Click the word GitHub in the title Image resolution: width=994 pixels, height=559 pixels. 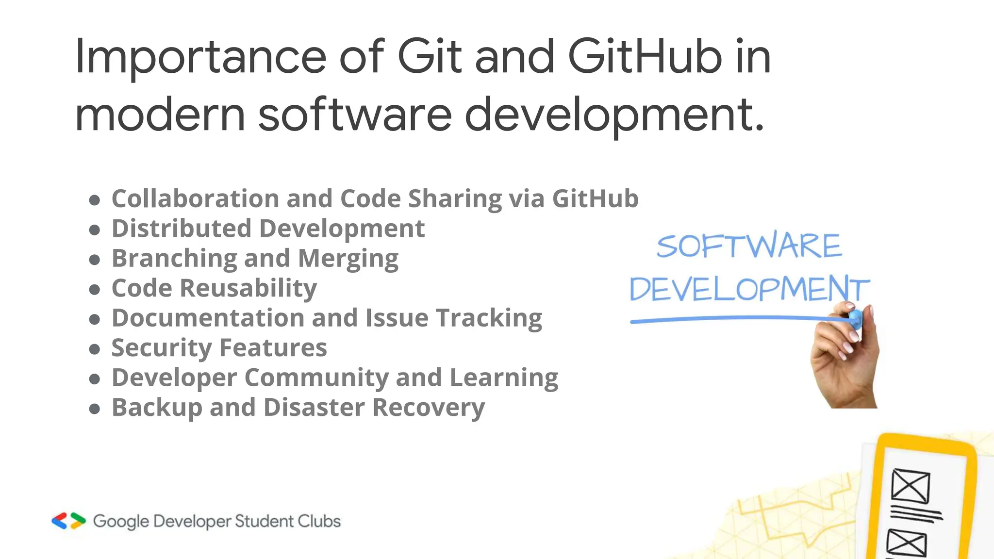(x=645, y=57)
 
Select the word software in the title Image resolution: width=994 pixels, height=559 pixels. (x=355, y=115)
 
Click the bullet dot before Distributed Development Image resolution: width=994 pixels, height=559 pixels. (x=95, y=230)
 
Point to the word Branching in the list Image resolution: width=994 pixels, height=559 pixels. (x=173, y=259)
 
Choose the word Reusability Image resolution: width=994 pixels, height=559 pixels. (x=248, y=288)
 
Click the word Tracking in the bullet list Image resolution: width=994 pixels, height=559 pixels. (x=489, y=318)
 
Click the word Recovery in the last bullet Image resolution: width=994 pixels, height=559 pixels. (x=429, y=408)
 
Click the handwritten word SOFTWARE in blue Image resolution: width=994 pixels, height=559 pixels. (x=749, y=246)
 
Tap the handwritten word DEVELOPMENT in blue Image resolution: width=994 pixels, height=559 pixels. (x=749, y=289)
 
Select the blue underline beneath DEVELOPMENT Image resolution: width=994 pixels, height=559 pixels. (x=728, y=319)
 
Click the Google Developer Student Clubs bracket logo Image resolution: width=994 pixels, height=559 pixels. (x=68, y=521)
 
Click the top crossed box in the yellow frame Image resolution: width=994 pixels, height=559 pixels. (x=911, y=486)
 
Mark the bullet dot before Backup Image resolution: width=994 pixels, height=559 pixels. (x=95, y=409)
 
